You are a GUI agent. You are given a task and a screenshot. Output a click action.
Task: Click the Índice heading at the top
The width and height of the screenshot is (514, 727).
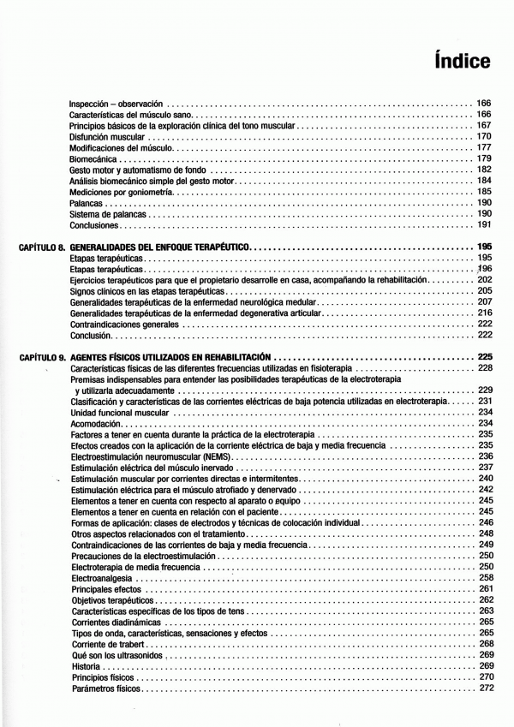pos(463,62)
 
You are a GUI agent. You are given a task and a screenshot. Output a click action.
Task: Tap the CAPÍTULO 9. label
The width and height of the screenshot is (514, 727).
pos(42,356)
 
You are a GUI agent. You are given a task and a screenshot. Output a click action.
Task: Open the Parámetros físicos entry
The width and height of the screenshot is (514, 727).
pos(105,688)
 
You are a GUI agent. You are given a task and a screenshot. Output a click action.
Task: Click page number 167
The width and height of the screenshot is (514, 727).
pos(484,125)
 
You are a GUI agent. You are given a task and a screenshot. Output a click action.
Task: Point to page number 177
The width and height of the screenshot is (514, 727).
pos(484,147)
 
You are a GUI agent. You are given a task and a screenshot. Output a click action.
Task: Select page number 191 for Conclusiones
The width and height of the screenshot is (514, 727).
pos(484,225)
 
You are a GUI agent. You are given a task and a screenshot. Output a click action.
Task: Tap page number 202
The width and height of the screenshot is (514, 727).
pos(484,280)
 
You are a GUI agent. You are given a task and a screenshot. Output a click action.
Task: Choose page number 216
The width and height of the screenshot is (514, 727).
pos(484,313)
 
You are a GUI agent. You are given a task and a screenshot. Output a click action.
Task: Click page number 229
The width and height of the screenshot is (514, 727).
pos(484,390)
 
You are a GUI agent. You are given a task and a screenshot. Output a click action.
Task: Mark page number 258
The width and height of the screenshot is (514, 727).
pos(484,578)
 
